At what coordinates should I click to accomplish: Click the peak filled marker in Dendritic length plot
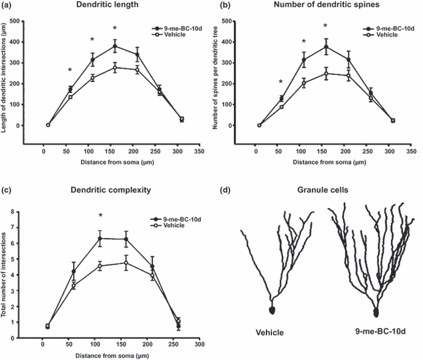[x=114, y=46]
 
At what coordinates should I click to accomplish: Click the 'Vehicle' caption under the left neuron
[x=270, y=332]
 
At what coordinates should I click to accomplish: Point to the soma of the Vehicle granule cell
[x=271, y=310]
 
